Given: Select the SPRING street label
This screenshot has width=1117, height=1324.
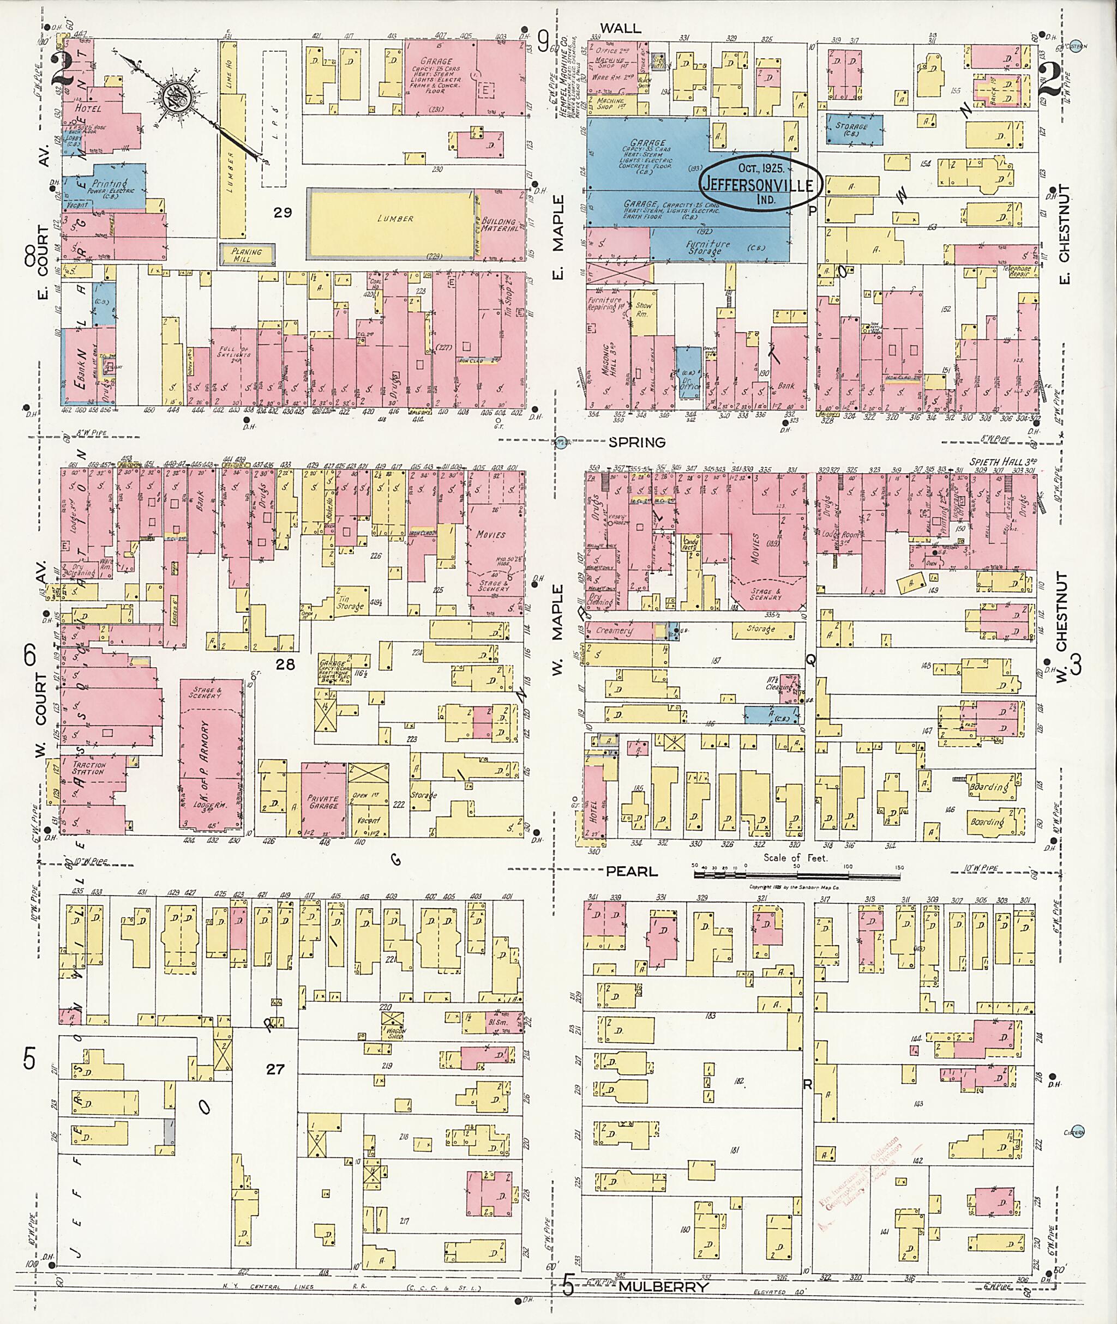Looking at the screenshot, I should pos(636,443).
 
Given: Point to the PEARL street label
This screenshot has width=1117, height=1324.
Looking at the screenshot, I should pos(632,872).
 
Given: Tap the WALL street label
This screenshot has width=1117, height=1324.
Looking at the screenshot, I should pos(621,28).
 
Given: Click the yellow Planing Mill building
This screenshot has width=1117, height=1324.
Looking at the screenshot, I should pos(247,255).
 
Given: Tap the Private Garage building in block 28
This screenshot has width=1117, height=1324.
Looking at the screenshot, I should pos(323,801).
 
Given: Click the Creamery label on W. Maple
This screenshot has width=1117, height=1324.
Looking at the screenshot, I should pos(613,630).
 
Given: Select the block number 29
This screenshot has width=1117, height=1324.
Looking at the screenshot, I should pos(283,213).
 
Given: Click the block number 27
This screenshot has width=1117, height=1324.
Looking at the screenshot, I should pos(275,1069).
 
